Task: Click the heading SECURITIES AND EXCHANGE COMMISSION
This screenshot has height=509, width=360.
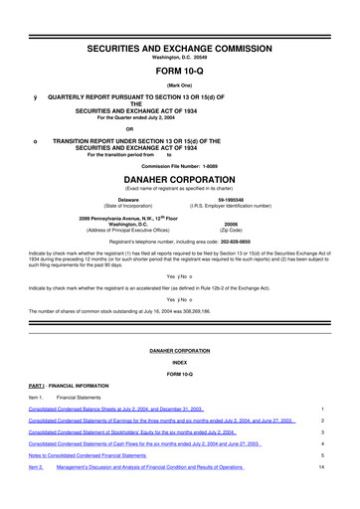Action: pyautogui.click(x=180, y=21)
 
